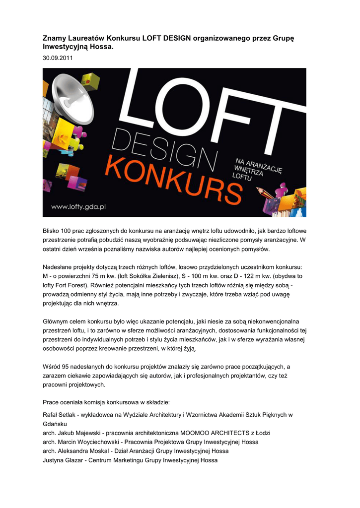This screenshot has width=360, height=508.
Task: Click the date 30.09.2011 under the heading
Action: pyautogui.click(x=58, y=59)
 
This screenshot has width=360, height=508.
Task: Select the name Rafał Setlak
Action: pyautogui.click(x=62, y=415)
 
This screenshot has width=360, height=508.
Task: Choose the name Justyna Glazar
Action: pyautogui.click(x=62, y=460)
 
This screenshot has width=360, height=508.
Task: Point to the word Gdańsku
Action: pyautogui.click(x=56, y=424)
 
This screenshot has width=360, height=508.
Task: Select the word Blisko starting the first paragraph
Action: pyautogui.click(x=52, y=230)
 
